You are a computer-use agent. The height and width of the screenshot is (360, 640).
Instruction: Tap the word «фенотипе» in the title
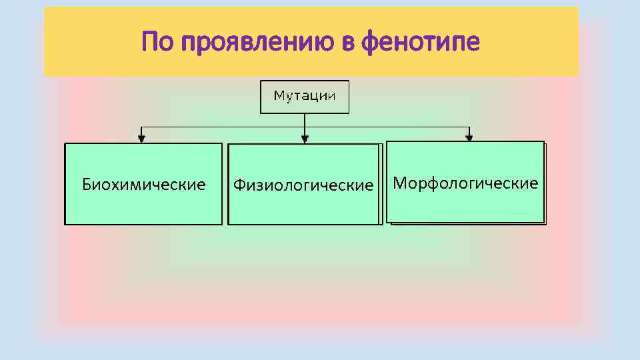pos(420,44)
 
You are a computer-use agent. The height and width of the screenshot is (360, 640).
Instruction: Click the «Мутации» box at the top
pos(305,96)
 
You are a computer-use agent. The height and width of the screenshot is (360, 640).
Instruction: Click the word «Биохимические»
pos(143,184)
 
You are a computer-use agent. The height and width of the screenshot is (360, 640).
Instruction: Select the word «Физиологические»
pos(303,185)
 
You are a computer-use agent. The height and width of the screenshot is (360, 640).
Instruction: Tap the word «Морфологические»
pos(465,183)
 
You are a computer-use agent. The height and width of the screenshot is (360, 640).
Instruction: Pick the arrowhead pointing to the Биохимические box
pos(141,139)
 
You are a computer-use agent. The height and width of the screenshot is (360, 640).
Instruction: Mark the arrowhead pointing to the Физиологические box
pos(305,139)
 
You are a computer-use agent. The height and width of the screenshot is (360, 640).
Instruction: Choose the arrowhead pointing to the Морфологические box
pos(469,138)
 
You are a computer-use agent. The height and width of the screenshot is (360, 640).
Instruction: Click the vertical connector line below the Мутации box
pos(305,121)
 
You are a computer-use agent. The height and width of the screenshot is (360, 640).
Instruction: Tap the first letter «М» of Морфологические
pos(399,183)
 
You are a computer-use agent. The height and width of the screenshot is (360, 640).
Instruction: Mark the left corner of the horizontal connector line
pos(141,127)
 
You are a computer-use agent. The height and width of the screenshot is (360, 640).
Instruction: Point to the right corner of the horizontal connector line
pos(469,127)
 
